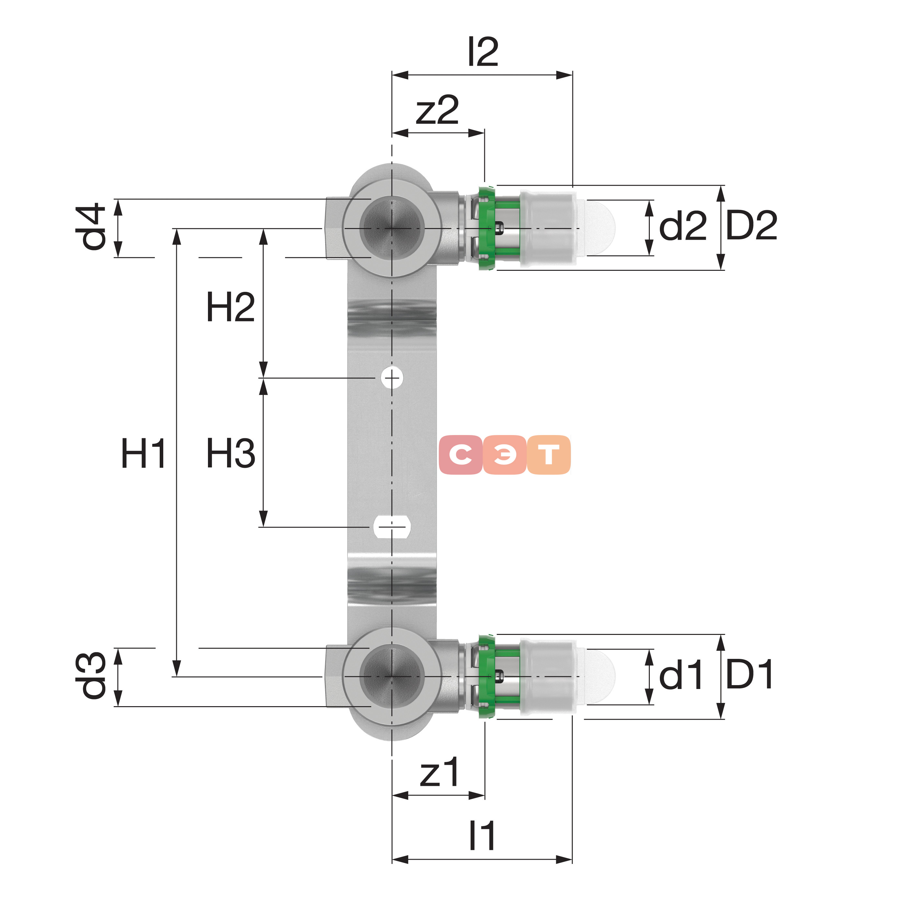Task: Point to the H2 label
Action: point(231,307)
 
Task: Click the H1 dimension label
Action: point(143,453)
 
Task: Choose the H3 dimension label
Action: point(231,453)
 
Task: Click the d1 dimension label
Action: point(681,675)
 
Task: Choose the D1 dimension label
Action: point(749,674)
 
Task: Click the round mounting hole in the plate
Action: point(392,377)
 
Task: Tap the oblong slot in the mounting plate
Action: point(392,527)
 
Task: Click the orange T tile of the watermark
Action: point(549,454)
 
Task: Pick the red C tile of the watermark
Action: point(461,454)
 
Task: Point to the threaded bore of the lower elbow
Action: point(392,676)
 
